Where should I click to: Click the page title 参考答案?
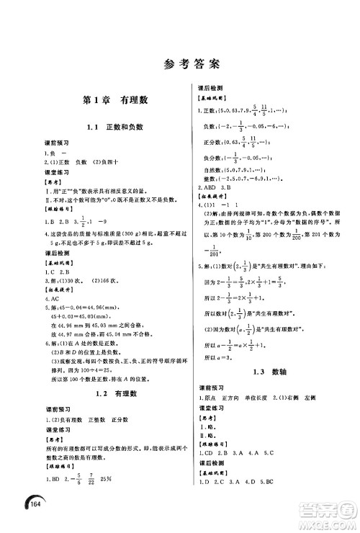180,65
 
